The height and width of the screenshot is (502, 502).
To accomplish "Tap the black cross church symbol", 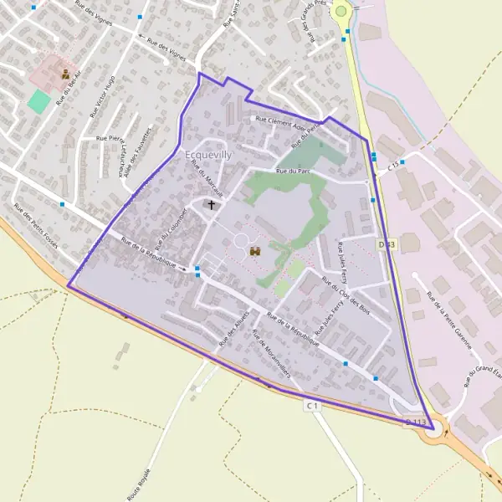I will click(x=212, y=204).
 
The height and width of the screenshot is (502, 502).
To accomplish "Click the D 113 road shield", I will click(x=416, y=423).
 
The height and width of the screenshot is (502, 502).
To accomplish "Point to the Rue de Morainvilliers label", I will click(x=270, y=351).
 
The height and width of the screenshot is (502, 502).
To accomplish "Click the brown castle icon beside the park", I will click(x=255, y=250).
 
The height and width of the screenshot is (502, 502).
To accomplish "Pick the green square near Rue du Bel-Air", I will click(x=38, y=101).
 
